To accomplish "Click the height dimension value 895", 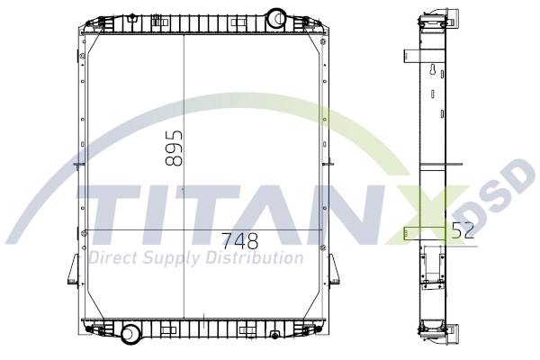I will click(175, 147).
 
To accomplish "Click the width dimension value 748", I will click(239, 241).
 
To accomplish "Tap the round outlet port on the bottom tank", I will click(131, 334).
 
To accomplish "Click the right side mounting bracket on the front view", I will click(332, 269).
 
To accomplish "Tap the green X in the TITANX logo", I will click(428, 216).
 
